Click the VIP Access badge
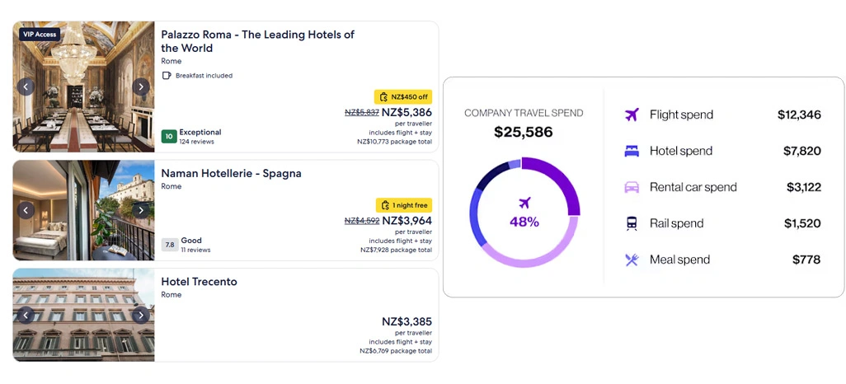[x=40, y=35]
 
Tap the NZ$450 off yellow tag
[x=403, y=97]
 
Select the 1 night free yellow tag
[x=404, y=205]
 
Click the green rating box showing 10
[x=169, y=137]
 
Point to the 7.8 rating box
[x=170, y=245]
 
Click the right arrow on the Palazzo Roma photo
[x=141, y=87]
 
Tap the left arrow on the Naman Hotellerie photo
[x=26, y=210]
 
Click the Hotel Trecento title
[x=199, y=282]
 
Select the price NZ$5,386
[x=407, y=113]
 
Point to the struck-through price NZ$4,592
[x=361, y=221]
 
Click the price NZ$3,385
[x=407, y=321]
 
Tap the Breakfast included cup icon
[x=167, y=76]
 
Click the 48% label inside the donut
[x=524, y=222]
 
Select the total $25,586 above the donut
[x=524, y=132]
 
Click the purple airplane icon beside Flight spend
[x=632, y=115]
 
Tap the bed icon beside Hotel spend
[x=632, y=151]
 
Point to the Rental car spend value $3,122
[x=803, y=187]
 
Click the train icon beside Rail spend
[x=632, y=223]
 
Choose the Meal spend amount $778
[x=806, y=260]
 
